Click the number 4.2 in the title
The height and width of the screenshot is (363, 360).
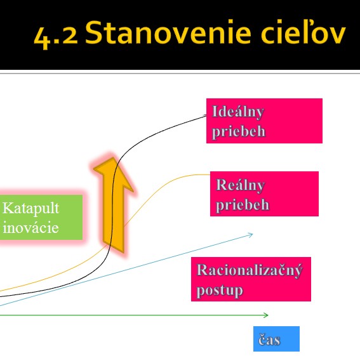[56, 35]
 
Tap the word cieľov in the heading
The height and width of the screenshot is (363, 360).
[303, 32]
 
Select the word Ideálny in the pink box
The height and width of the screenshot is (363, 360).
[238, 112]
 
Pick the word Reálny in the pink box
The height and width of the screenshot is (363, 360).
[240, 185]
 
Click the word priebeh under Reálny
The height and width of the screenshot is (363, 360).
[243, 205]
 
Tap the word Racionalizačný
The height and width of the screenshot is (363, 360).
[250, 270]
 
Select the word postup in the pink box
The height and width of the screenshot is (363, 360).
[220, 291]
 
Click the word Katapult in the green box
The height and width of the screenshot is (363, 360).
[31, 209]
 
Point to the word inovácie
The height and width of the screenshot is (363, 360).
[30, 228]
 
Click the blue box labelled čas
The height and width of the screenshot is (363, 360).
[276, 339]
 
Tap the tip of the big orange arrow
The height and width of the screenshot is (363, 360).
[113, 158]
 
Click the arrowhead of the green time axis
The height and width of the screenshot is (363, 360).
[267, 315]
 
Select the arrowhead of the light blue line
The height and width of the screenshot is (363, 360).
[252, 235]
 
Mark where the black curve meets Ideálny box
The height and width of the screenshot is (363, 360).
[206, 115]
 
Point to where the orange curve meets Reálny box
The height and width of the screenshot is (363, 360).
[210, 175]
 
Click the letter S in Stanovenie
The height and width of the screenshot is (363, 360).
[93, 32]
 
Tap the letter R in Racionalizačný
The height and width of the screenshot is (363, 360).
[202, 270]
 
